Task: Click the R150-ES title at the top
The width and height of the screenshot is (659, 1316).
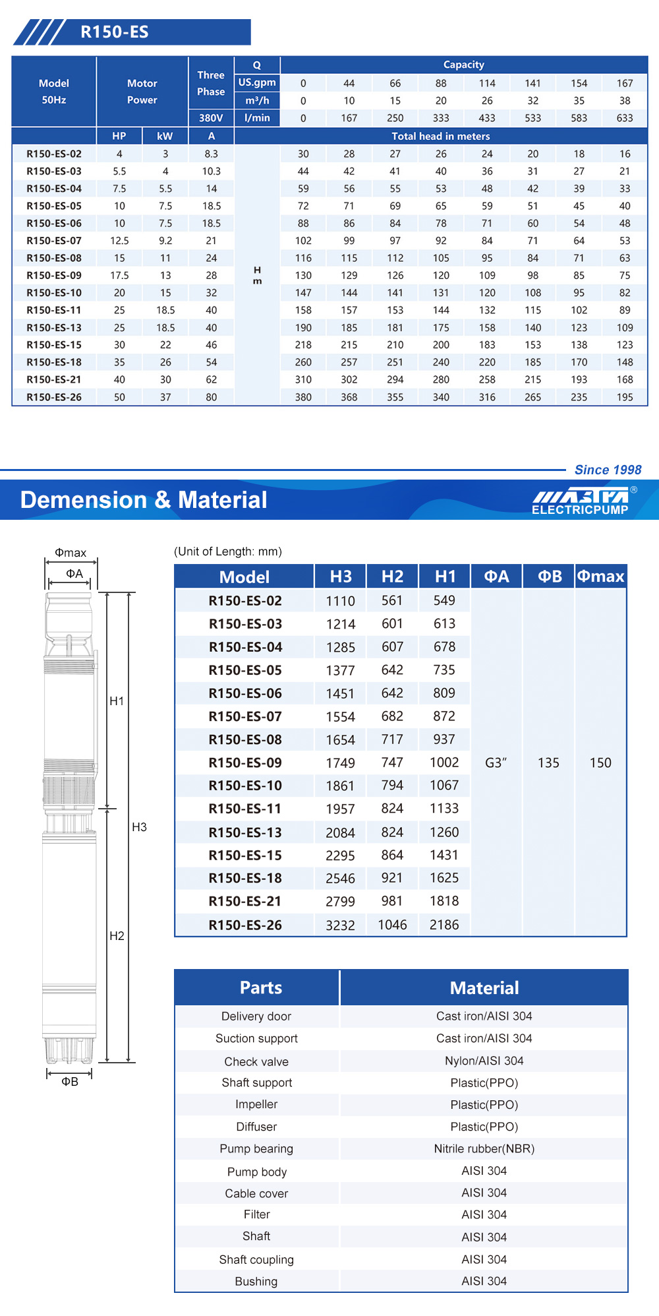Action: pos(115,32)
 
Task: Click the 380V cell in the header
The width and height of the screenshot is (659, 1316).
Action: pos(211,118)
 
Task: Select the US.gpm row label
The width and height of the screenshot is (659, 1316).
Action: pos(257,82)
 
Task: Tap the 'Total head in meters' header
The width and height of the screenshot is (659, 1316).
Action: pos(441,137)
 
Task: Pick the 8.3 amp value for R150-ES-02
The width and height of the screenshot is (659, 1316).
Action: pos(211,154)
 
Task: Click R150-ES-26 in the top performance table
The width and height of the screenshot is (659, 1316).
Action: pos(54,397)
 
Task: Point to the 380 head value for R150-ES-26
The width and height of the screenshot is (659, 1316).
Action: pos(303,397)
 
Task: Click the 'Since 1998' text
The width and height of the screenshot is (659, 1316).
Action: pos(608,470)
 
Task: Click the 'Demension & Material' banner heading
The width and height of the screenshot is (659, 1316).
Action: pos(144,500)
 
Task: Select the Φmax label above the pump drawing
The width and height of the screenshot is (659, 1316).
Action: pos(71,553)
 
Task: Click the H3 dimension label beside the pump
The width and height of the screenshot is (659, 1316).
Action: pos(139,827)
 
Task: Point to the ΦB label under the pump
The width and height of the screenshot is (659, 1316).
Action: pos(70,1082)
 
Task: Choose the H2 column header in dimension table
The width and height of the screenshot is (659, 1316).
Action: pos(392,577)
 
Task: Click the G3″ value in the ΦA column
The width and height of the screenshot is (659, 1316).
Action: pos(496,763)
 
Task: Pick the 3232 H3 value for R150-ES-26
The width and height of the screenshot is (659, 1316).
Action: pos(340,925)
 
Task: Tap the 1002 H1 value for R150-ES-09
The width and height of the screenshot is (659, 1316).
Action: pos(444,763)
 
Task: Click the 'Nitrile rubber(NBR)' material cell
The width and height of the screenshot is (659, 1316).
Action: pos(484,1149)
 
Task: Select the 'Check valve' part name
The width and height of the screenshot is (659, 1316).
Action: pos(256,1061)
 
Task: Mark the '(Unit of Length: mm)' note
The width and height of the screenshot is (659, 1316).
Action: pos(228,551)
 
